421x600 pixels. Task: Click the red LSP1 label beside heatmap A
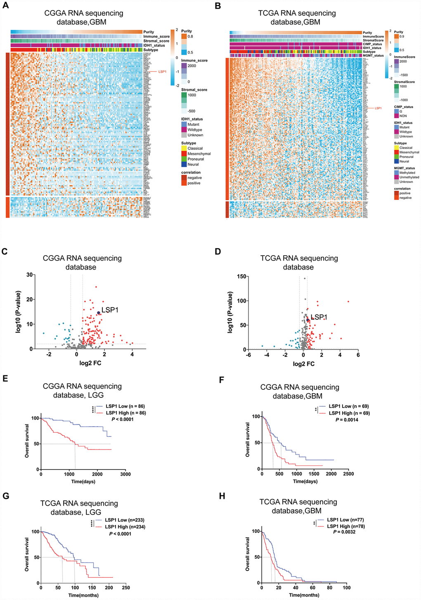pyautogui.click(x=162, y=72)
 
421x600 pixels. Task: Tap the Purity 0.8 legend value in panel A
pyautogui.click(x=191, y=36)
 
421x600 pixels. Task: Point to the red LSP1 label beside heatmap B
pyautogui.click(x=378, y=108)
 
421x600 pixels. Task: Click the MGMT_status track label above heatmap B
pyautogui.click(x=373, y=55)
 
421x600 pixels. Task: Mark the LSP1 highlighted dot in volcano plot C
pyautogui.click(x=99, y=313)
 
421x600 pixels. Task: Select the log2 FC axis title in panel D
pyautogui.click(x=303, y=364)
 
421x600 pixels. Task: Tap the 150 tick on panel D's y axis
pyautogui.click(x=240, y=277)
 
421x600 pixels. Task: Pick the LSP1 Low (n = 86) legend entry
pyautogui.click(x=125, y=406)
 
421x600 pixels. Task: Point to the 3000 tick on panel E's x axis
pyautogui.click(x=125, y=474)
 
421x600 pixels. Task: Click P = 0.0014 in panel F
pyautogui.click(x=347, y=420)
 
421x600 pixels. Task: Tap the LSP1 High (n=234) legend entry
pyautogui.click(x=125, y=527)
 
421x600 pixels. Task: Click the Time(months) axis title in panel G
pyautogui.click(x=83, y=595)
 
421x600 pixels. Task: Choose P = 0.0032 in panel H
pyautogui.click(x=345, y=532)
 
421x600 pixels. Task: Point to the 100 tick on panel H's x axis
pyautogui.click(x=347, y=588)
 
